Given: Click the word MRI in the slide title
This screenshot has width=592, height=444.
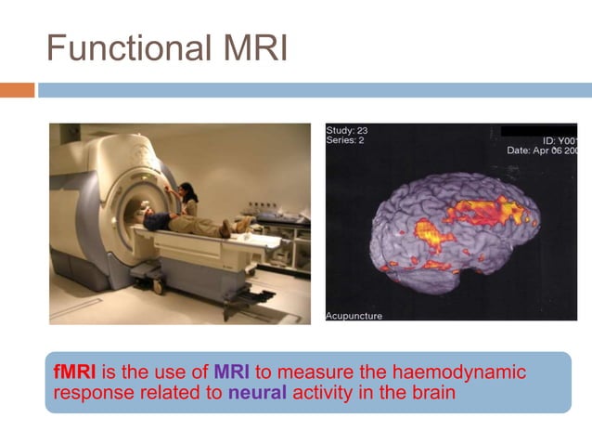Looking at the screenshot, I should (252, 47).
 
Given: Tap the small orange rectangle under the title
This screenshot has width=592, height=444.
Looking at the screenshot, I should (17, 90).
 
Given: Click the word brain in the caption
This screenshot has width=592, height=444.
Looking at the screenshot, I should (432, 392).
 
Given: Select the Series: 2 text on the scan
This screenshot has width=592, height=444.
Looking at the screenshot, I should (347, 141).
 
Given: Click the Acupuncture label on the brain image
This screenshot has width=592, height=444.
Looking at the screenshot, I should (354, 316).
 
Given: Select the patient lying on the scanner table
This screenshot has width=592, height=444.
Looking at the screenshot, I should (186, 223).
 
